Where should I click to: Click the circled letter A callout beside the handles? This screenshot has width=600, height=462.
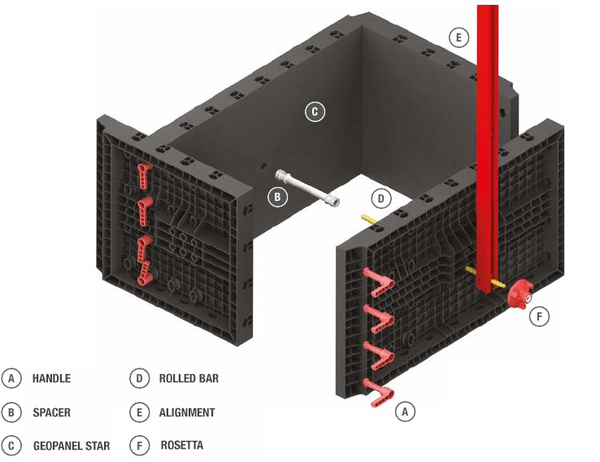pyautogui.click(x=405, y=412)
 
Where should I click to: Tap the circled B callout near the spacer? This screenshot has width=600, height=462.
pyautogui.click(x=277, y=197)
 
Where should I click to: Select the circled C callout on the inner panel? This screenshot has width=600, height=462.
pyautogui.click(x=315, y=112)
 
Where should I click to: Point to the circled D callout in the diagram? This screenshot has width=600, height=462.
pyautogui.click(x=381, y=198)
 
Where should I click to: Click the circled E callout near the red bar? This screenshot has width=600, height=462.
pyautogui.click(x=459, y=37)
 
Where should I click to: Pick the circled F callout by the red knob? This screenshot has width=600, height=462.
pyautogui.click(x=539, y=316)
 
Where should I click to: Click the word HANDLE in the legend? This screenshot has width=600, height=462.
pyautogui.click(x=51, y=379)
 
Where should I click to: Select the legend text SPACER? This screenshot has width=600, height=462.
pyautogui.click(x=51, y=412)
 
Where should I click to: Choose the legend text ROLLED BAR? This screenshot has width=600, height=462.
pyautogui.click(x=189, y=379)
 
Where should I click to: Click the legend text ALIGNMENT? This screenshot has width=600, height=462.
pyautogui.click(x=187, y=412)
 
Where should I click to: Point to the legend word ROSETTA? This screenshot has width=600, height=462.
pyautogui.click(x=182, y=446)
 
